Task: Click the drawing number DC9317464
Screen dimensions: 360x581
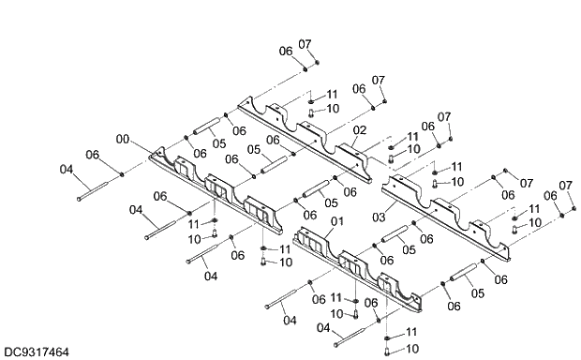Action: click(36, 352)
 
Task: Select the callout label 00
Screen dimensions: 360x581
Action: click(122, 139)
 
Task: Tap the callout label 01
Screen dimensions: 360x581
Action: click(337, 220)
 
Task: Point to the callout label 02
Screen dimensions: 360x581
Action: click(359, 129)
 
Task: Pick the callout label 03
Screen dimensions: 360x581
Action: click(379, 217)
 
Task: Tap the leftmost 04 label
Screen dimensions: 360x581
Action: click(66, 170)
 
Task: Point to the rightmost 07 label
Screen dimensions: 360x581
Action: click(565, 186)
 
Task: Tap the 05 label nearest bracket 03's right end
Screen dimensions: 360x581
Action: click(477, 292)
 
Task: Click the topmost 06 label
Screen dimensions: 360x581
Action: click(287, 51)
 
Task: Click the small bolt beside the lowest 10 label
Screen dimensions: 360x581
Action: click(388, 349)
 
